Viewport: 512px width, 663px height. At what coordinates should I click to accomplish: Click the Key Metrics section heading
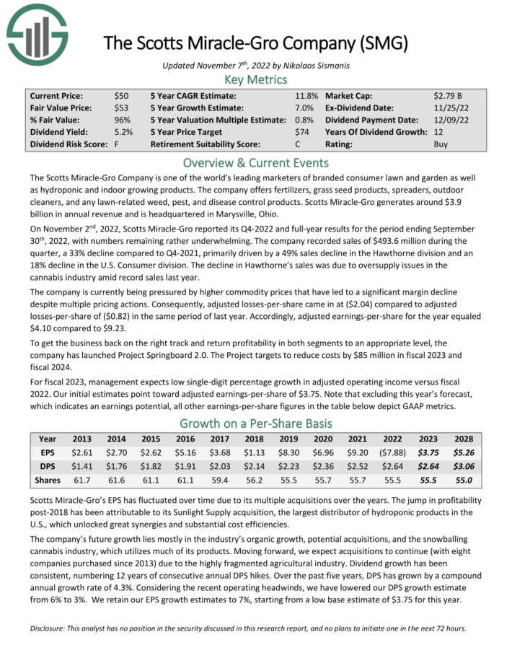coord(255,79)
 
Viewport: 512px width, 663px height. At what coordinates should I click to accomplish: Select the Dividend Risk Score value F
coord(117,144)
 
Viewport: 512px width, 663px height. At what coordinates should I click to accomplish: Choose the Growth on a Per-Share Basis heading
coord(255,423)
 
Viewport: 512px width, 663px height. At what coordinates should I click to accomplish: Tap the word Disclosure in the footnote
coord(50,628)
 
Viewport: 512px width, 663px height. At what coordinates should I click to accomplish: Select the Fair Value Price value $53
coord(121,107)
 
